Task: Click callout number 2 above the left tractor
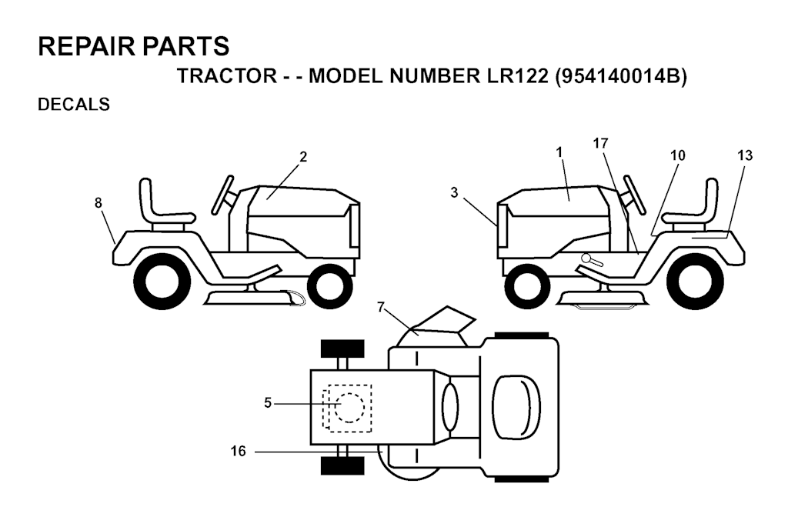[x=302, y=157]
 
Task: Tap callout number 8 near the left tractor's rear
[x=98, y=203]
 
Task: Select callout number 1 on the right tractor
[x=560, y=152]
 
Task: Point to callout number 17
[x=600, y=144]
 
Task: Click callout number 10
[x=677, y=155]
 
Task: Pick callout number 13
[x=745, y=155]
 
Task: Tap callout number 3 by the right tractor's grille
[x=454, y=193]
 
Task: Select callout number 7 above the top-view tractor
[x=380, y=306]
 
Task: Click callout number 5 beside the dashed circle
[x=268, y=403]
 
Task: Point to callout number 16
[x=239, y=451]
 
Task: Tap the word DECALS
[x=74, y=105]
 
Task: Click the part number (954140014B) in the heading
[x=621, y=77]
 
